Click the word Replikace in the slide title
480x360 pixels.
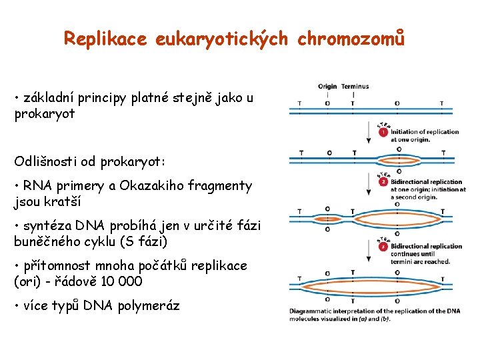[105, 39]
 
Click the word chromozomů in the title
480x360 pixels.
[351, 39]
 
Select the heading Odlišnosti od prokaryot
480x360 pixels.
[90, 162]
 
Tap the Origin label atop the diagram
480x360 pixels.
[327, 86]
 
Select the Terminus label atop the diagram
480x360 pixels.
[355, 86]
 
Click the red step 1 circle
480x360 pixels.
[383, 132]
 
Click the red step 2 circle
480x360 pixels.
[383, 182]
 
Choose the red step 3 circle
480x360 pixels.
[383, 247]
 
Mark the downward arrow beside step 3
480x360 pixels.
[368, 250]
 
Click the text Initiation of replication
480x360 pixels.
[425, 132]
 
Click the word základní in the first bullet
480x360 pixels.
[47, 98]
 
